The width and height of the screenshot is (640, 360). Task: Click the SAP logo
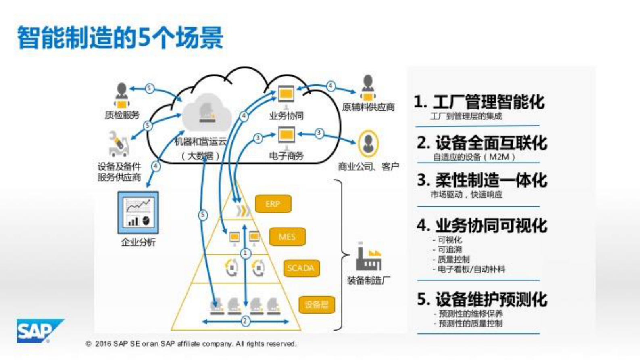click(x=39, y=331)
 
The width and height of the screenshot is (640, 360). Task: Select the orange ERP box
click(x=273, y=204)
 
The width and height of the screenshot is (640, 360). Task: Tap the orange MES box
click(x=287, y=237)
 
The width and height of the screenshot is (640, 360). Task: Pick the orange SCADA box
click(x=301, y=268)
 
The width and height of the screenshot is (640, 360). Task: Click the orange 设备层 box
click(x=317, y=304)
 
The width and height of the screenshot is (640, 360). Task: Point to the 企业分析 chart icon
click(x=138, y=213)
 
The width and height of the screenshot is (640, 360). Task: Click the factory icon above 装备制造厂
click(x=368, y=257)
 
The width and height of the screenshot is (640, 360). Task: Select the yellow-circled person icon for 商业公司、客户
click(x=368, y=143)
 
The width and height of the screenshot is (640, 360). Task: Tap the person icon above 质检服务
click(x=121, y=95)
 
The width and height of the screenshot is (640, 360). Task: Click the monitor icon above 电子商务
click(x=286, y=136)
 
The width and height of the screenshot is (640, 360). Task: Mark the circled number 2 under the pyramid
click(x=245, y=321)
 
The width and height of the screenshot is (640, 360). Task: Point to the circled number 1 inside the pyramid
click(x=245, y=253)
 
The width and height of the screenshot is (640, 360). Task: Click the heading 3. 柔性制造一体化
click(x=482, y=180)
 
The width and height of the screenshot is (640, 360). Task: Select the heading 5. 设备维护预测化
click(x=482, y=299)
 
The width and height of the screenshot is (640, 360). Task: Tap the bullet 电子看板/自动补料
click(x=470, y=269)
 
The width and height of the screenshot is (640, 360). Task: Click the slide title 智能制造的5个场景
click(x=120, y=37)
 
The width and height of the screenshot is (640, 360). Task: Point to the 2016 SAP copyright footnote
click(x=191, y=344)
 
